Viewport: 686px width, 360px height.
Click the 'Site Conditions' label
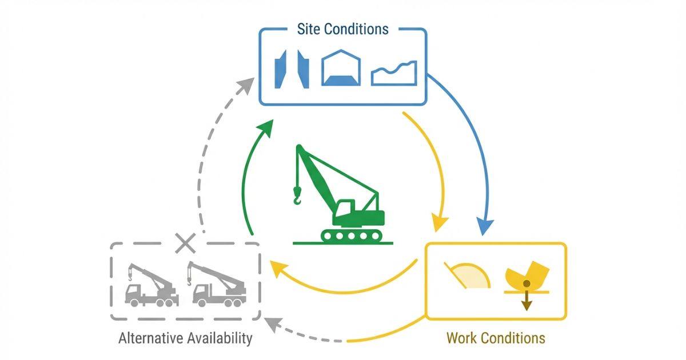pyautogui.click(x=342, y=29)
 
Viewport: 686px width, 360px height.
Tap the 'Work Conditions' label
pyautogui.click(x=496, y=338)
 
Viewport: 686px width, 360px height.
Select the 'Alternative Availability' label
pyautogui.click(x=185, y=338)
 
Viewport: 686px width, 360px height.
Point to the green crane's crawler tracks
pyautogui.click(x=352, y=234)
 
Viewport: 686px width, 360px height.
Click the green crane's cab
pyautogui.click(x=345, y=210)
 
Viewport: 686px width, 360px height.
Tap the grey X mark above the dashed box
pyautogui.click(x=185, y=243)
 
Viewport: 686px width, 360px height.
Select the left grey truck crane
pyautogui.click(x=150, y=285)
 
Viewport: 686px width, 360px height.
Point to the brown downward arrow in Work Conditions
pyautogui.click(x=527, y=302)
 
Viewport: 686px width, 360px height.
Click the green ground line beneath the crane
pyautogui.click(x=343, y=243)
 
